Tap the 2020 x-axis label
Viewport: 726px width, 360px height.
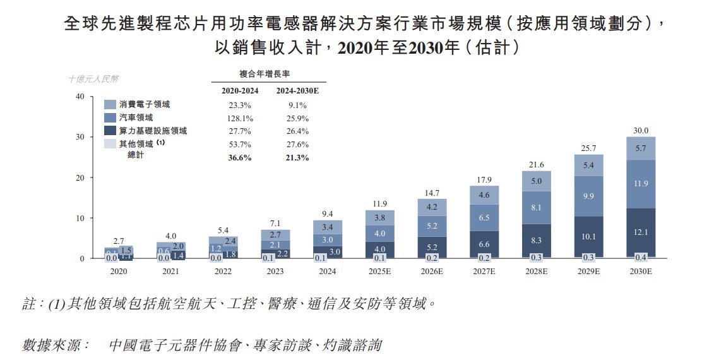click(x=119, y=272)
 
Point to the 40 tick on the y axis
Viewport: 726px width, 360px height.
click(x=79, y=97)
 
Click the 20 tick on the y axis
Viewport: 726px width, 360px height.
click(x=79, y=177)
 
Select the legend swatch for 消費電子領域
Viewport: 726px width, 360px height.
click(x=110, y=105)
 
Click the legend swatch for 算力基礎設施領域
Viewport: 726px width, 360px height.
click(x=110, y=131)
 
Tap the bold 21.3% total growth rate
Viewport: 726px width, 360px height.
click(x=296, y=157)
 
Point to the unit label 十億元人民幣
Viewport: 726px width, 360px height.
click(x=93, y=79)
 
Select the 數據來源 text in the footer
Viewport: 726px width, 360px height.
click(x=56, y=345)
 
